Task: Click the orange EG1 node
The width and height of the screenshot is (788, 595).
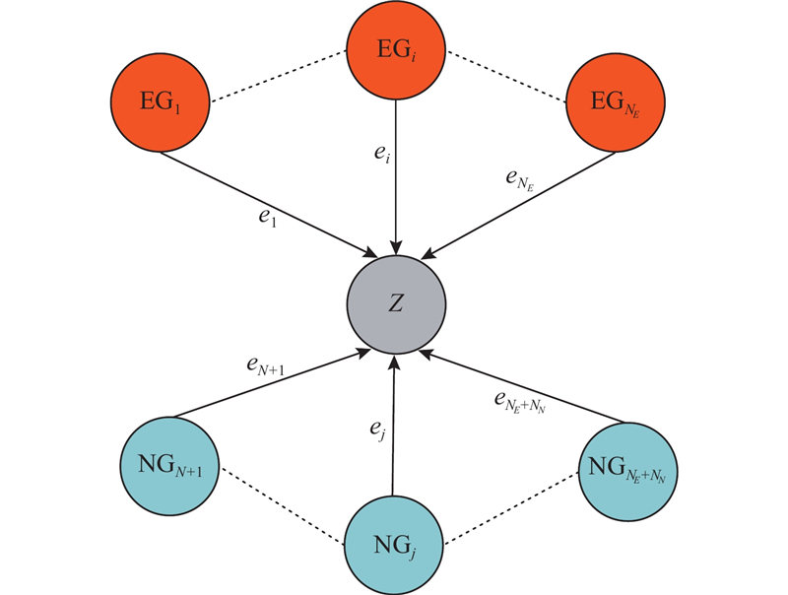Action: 161,102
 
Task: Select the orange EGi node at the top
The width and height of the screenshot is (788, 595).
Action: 396,47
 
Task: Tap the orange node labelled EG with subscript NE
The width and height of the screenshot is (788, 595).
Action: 617,102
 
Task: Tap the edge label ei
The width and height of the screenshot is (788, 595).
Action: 381,157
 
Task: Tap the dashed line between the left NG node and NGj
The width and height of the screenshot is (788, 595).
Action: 283,502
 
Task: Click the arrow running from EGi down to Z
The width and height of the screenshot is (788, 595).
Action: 396,197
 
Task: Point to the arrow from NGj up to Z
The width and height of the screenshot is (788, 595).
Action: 394,433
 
